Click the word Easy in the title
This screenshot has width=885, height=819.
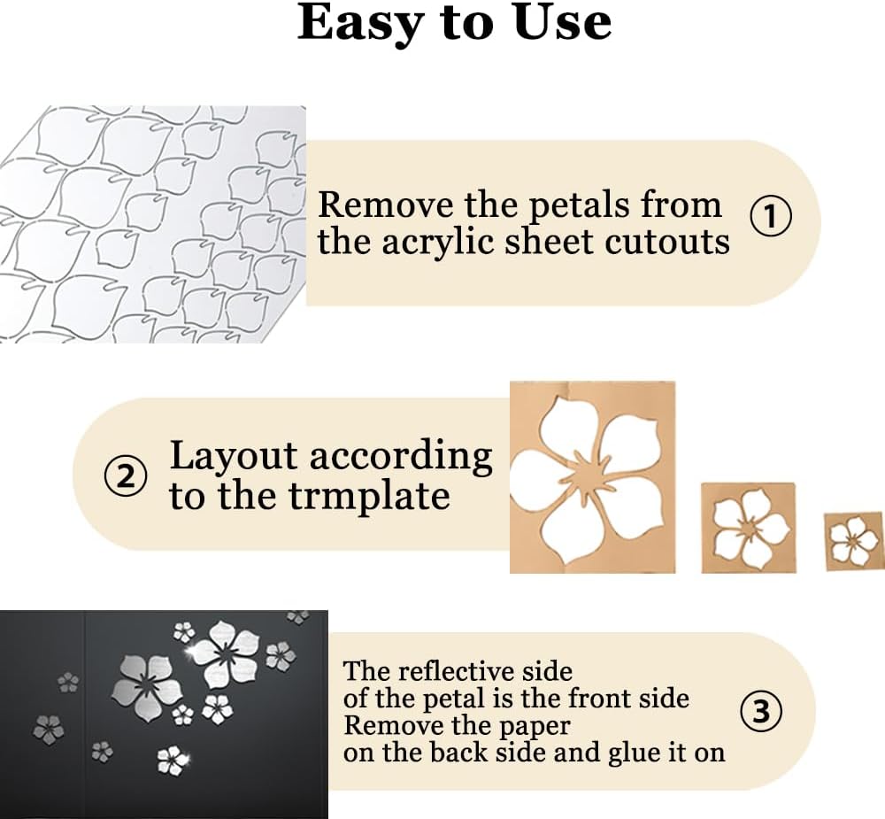358,23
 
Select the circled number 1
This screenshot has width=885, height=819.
770,216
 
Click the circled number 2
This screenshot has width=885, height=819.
127,477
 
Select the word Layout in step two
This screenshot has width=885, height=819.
233,457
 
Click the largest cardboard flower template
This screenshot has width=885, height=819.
592,477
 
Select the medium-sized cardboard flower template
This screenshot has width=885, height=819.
749,528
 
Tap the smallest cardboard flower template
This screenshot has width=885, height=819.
854,540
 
